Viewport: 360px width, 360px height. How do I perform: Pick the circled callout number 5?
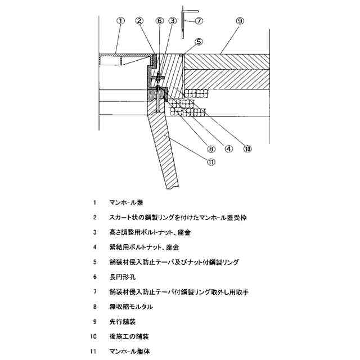(199, 41)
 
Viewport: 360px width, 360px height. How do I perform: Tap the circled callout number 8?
(211, 149)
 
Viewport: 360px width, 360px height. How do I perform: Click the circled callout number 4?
(229, 149)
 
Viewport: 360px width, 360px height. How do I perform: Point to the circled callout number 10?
(247, 149)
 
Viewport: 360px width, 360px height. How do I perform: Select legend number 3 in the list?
(95, 232)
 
